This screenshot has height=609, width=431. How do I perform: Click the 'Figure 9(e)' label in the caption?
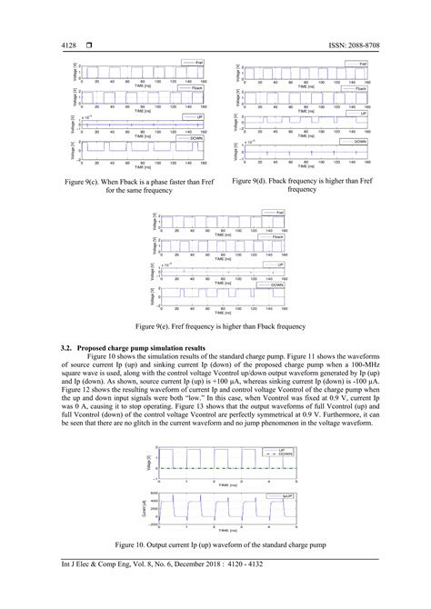coord(157,325)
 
